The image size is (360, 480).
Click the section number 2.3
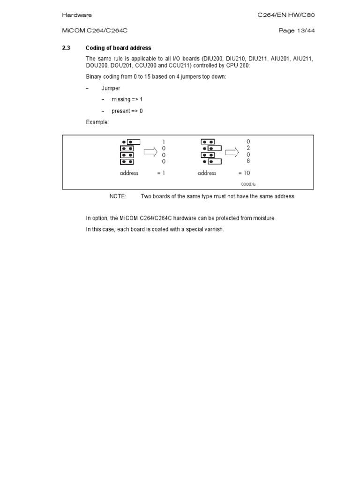click(66, 48)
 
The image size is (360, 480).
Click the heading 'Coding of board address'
click(118, 48)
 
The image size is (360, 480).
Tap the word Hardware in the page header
click(77, 15)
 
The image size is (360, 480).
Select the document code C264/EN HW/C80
click(286, 15)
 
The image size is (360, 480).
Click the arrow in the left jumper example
click(150, 151)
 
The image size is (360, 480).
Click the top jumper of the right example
click(208, 141)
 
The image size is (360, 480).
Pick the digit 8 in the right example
click(248, 161)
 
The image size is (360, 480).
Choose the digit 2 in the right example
click(248, 148)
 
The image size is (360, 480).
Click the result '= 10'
click(244, 173)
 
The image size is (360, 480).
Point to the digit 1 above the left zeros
click(164, 142)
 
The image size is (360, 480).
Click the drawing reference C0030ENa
click(248, 184)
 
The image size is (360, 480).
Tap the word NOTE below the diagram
click(118, 196)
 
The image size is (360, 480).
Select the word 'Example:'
click(97, 122)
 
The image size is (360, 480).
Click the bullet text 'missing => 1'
click(127, 99)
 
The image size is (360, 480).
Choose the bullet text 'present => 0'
click(127, 111)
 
